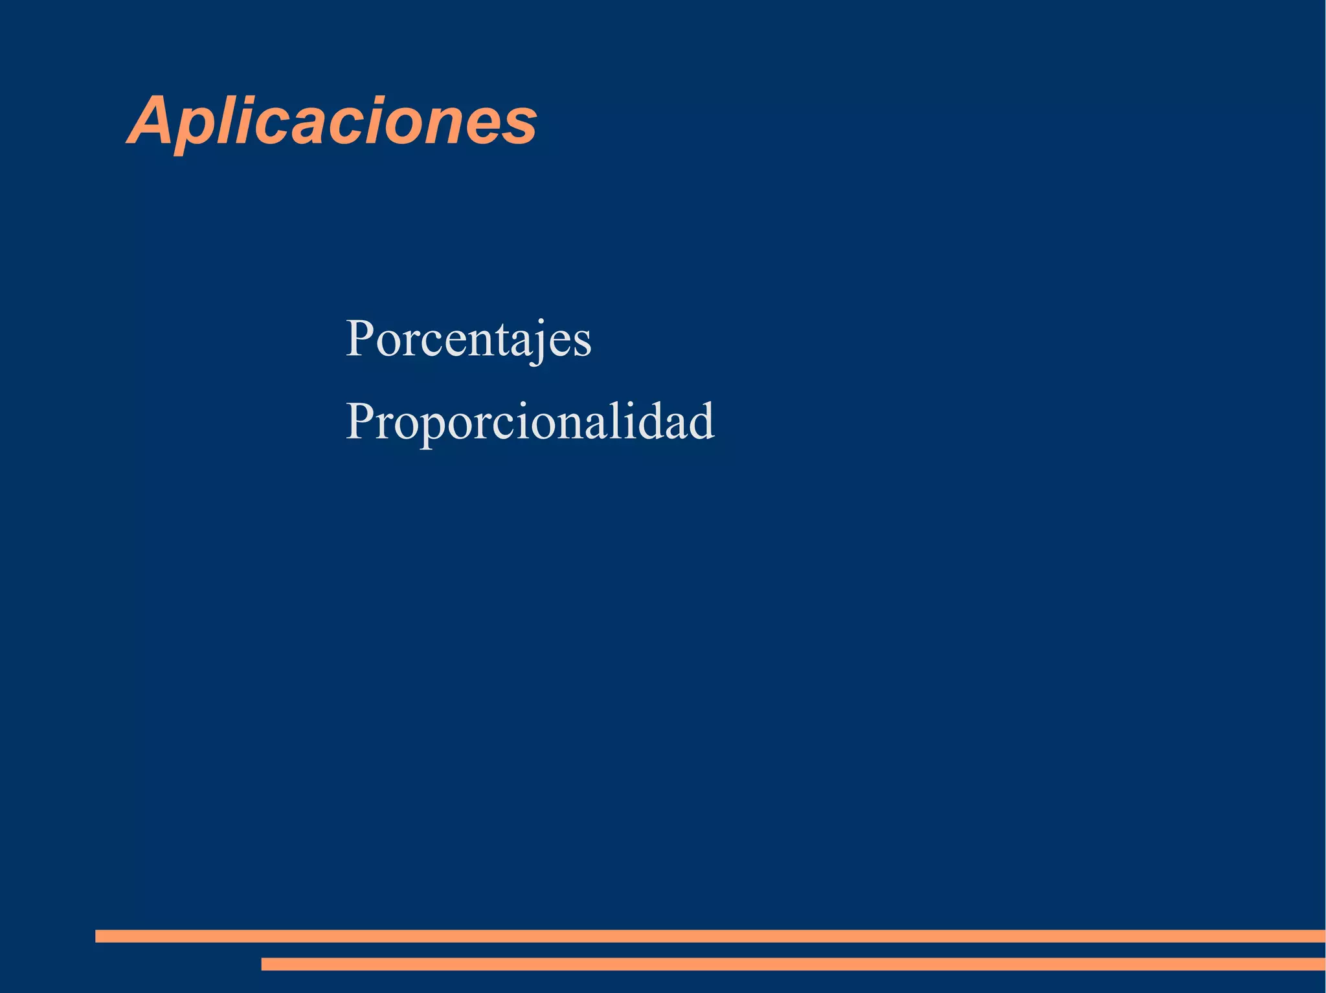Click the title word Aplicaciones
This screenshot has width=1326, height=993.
(332, 121)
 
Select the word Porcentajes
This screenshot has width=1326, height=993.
(468, 339)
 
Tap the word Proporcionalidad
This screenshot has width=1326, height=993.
(530, 421)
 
